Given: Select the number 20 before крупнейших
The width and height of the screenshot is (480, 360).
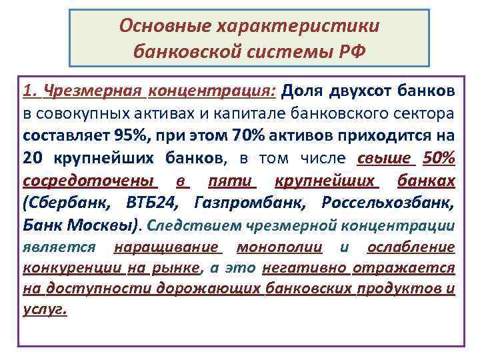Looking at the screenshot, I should coord(32,158).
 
